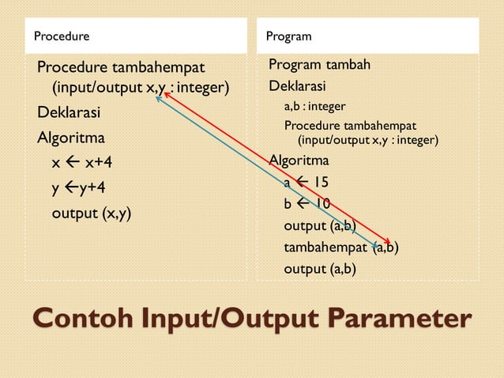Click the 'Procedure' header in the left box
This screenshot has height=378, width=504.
pyautogui.click(x=61, y=36)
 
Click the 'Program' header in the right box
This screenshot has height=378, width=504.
pyautogui.click(x=288, y=36)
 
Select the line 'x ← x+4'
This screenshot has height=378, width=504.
pyautogui.click(x=82, y=162)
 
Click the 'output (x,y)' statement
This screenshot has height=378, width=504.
pyautogui.click(x=91, y=213)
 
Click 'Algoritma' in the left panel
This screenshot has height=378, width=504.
pyautogui.click(x=71, y=138)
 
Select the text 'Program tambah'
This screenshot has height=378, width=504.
pyautogui.click(x=319, y=64)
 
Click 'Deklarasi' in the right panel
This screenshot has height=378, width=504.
pyautogui.click(x=297, y=85)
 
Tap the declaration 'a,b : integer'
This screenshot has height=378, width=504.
pyautogui.click(x=314, y=106)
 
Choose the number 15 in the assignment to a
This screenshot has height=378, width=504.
pyautogui.click(x=320, y=183)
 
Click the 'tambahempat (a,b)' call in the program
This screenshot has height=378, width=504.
pyautogui.click(x=340, y=248)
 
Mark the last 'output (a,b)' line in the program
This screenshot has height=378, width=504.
pyautogui.click(x=319, y=269)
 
